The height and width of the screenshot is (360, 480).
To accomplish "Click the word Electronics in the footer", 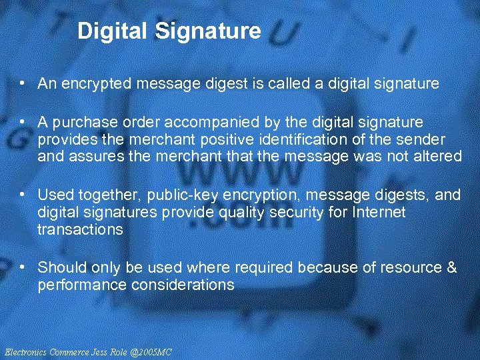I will point(25,351).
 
